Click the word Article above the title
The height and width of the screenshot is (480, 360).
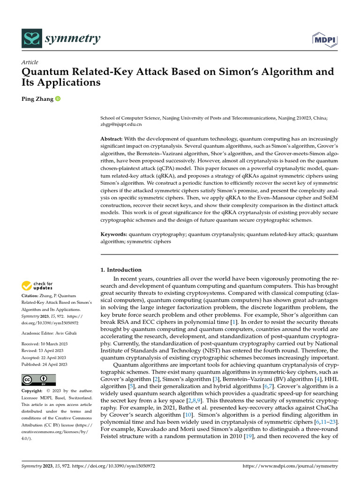(30, 62)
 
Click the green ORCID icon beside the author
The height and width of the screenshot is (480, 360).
(58, 99)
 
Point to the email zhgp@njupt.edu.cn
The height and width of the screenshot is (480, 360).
(121, 125)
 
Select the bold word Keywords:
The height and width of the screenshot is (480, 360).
(114, 233)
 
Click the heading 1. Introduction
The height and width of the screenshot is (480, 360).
(121, 270)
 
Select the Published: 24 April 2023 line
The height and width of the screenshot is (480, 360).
(45, 364)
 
